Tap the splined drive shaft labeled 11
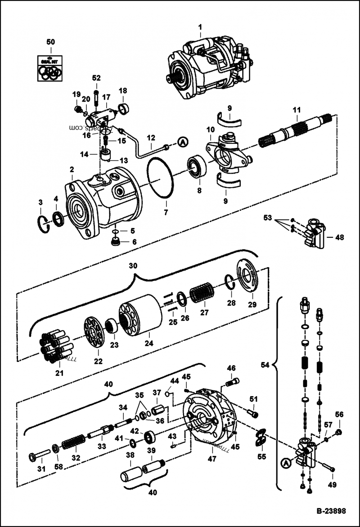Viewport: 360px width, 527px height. coord(297,131)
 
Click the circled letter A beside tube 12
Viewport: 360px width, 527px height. coord(182,142)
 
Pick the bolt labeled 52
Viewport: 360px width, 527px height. coord(96,96)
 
